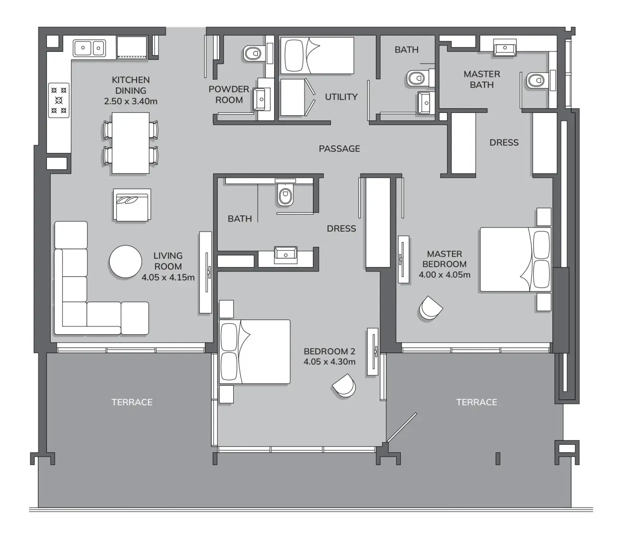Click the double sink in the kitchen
[x=90, y=48]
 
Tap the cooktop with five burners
[x=59, y=100]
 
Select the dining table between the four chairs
[x=131, y=143]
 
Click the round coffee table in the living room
[x=126, y=261]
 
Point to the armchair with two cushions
[x=132, y=205]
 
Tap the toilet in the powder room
[x=253, y=53]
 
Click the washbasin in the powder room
[x=261, y=99]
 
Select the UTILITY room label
[x=341, y=97]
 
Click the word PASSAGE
[x=339, y=149]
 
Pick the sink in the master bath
[x=505, y=48]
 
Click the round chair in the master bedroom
[x=430, y=308]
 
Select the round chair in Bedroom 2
[x=344, y=385]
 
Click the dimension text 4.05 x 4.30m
[x=329, y=362]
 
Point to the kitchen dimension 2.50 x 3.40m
[x=131, y=101]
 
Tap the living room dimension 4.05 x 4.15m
[x=168, y=277]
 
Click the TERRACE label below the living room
[x=132, y=402]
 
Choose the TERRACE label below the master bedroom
[x=476, y=402]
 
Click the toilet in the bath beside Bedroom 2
[x=285, y=195]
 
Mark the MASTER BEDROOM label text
[x=444, y=259]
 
